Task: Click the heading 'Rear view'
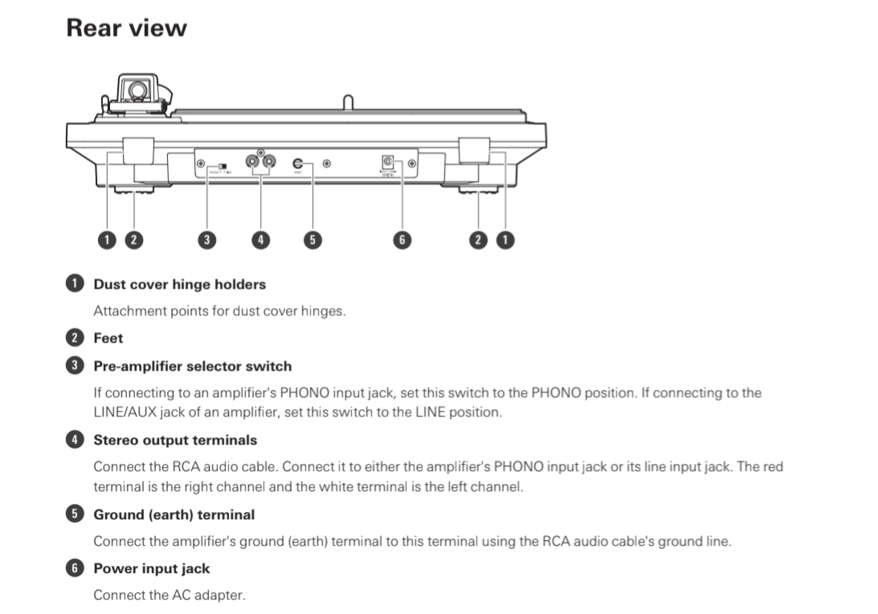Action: coord(126,28)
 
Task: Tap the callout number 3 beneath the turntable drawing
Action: coord(207,239)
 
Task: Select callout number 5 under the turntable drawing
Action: coord(312,239)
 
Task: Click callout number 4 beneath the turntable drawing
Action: coord(259,239)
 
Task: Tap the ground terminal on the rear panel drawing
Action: coord(297,163)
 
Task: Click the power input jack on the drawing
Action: coord(389,162)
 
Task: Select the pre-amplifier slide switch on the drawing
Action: coord(220,165)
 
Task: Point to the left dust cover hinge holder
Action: coord(138,150)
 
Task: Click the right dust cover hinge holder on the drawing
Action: coord(475,150)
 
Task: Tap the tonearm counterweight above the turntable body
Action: coord(137,90)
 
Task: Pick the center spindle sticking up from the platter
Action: coord(347,103)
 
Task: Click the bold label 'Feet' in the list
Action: coord(108,339)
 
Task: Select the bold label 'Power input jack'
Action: coord(152,568)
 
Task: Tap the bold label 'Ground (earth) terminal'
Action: coord(174,514)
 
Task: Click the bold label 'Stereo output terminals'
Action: coord(175,440)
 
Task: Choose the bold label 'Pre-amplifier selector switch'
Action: coord(193,366)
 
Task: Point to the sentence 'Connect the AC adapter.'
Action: coord(169,595)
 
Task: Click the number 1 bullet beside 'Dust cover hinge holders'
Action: coord(74,284)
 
